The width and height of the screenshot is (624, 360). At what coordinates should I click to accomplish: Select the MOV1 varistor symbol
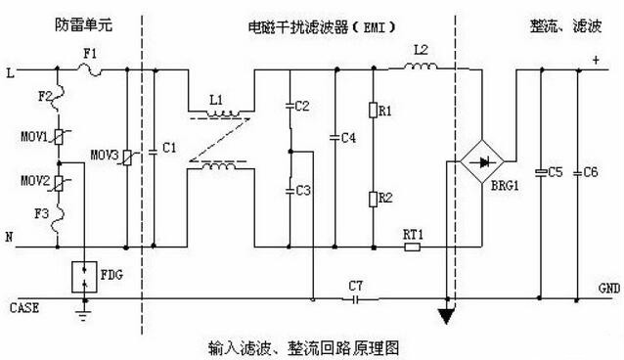(60, 137)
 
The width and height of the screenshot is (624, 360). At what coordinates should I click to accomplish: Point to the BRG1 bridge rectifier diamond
(478, 157)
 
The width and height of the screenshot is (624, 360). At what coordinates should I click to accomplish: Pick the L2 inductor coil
(421, 67)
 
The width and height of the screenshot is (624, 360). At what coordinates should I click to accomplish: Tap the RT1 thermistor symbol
(412, 247)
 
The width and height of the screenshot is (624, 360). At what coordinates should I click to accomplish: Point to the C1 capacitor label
(169, 149)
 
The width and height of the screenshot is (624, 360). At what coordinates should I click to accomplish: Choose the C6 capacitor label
(591, 172)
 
